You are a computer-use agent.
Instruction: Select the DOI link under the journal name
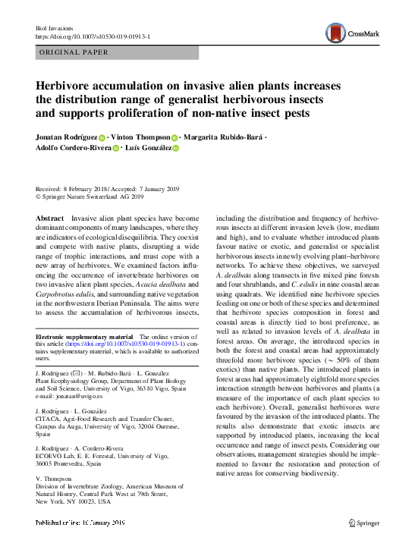103,36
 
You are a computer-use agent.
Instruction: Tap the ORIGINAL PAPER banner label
73,52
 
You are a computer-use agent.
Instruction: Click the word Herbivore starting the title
68,85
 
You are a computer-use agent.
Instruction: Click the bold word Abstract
49,218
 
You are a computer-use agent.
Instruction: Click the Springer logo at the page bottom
363,523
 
